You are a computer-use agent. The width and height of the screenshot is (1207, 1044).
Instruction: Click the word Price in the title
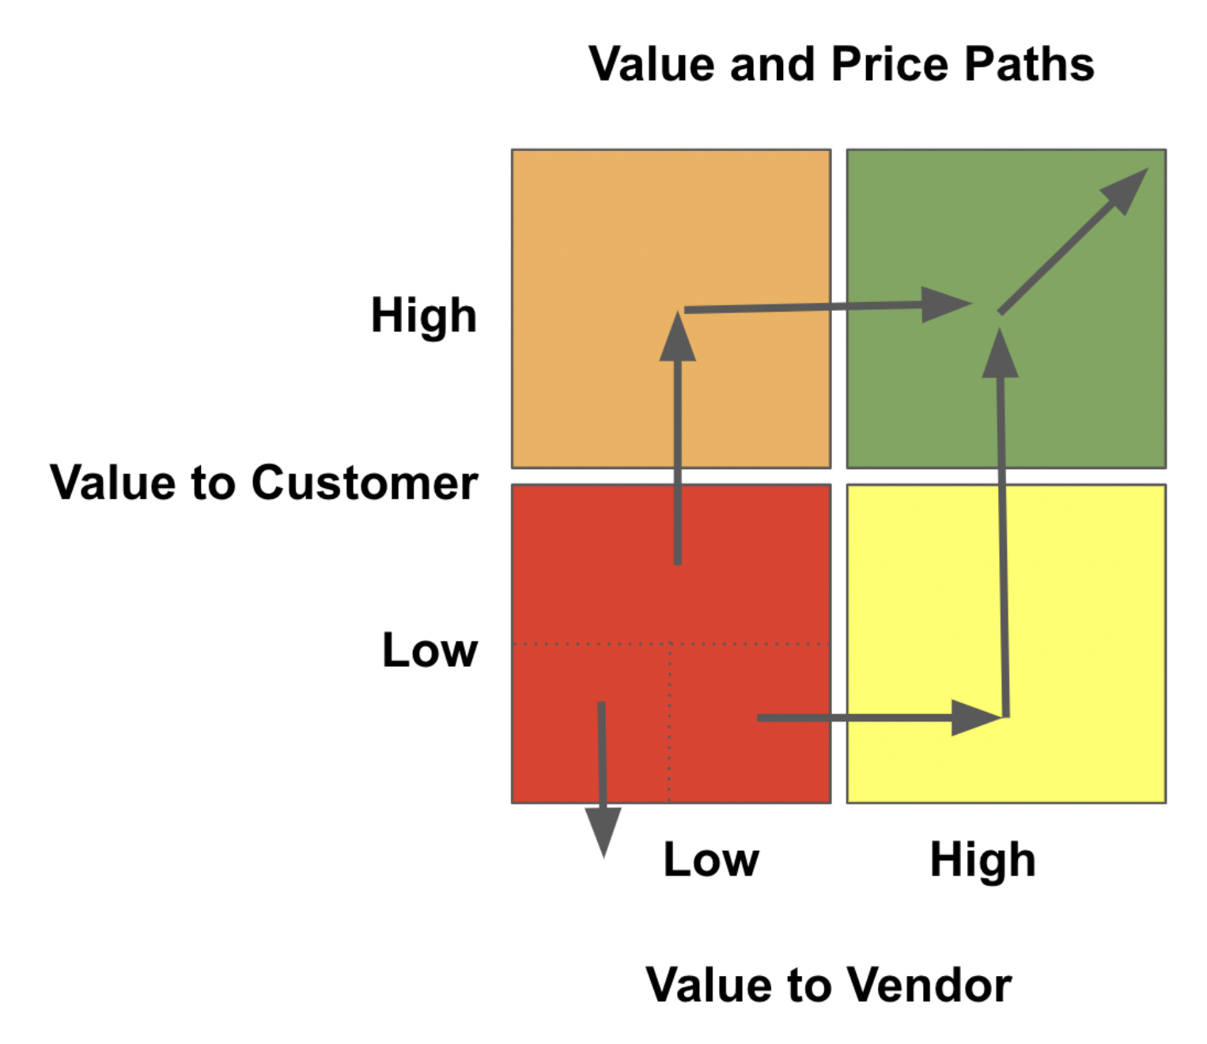click(x=890, y=65)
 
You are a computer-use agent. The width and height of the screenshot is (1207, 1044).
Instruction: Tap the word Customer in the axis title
click(x=365, y=482)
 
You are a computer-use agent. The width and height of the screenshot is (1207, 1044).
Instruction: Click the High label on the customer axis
click(x=424, y=316)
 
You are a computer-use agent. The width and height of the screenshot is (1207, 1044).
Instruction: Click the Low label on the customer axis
click(x=429, y=650)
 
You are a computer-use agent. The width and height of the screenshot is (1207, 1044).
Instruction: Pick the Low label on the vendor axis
click(x=711, y=860)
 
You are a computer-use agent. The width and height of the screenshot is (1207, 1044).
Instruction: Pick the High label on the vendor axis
click(x=982, y=860)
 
